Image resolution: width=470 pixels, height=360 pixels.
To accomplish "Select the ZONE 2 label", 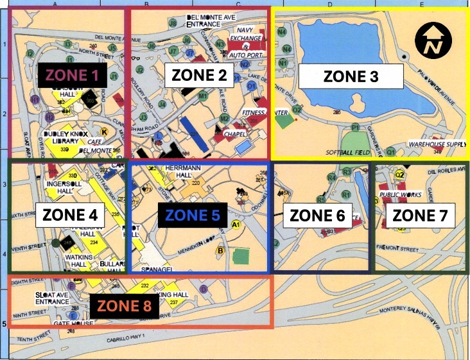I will (200, 74).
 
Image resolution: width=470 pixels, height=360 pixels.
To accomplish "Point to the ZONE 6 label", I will (318, 215).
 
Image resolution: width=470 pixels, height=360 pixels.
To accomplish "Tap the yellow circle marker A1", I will (236, 224).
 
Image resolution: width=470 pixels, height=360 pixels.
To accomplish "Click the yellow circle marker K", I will (104, 131).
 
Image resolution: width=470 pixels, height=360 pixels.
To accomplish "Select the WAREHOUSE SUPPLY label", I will (437, 144).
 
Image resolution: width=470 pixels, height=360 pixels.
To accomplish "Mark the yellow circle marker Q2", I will (399, 174).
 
